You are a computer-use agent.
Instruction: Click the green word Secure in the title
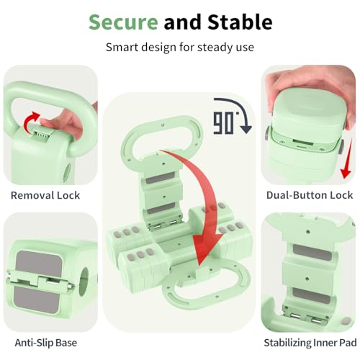point(123,22)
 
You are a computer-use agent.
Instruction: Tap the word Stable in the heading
point(240,22)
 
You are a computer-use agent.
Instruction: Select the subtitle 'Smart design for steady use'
point(180,48)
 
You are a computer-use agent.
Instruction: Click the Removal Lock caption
point(45,195)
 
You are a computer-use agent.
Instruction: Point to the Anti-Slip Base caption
point(46,343)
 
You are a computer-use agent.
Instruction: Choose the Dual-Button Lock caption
point(310,195)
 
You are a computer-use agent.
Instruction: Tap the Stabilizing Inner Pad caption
point(310,343)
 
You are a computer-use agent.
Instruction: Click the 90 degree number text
point(223,123)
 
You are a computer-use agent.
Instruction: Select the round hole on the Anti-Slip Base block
point(84,280)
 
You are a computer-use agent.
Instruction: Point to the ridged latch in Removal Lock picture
point(42,134)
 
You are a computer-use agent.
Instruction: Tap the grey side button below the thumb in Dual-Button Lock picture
point(341,147)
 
